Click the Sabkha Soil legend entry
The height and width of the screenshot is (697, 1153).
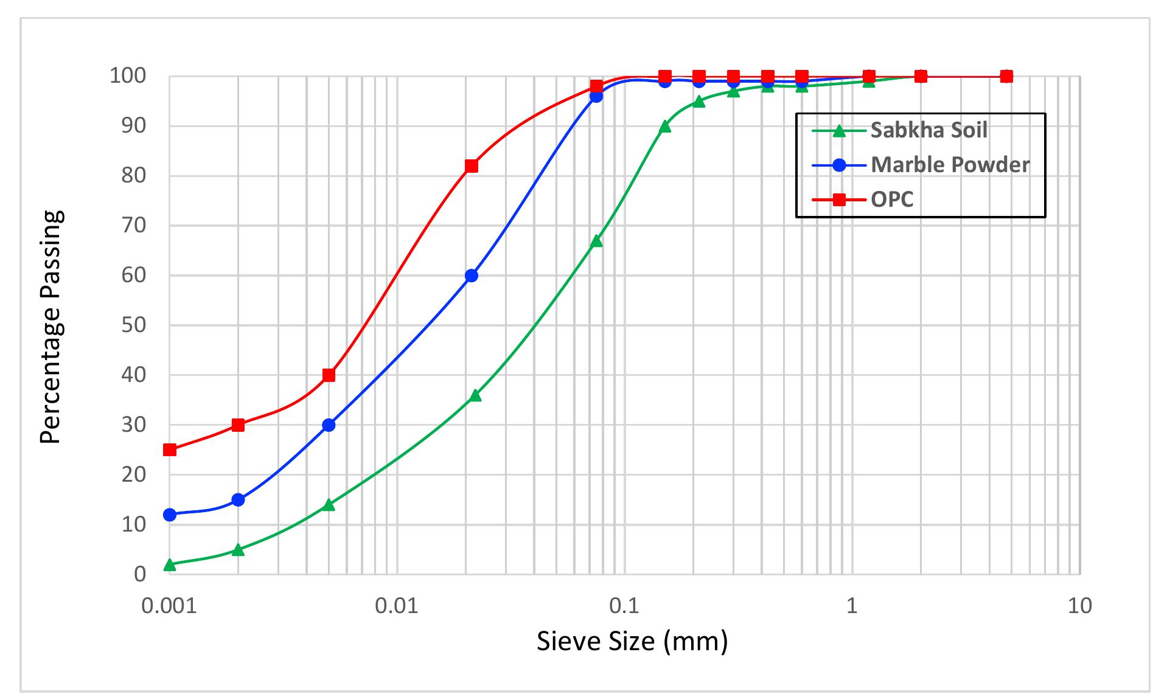tap(900, 130)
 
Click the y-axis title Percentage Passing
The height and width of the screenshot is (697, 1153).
tap(52, 327)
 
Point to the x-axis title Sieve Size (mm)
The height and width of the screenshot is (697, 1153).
tap(632, 642)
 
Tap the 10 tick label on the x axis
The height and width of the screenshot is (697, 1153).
tap(1080, 606)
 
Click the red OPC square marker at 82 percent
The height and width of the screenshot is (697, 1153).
tap(471, 166)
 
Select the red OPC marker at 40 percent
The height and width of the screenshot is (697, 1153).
tap(329, 375)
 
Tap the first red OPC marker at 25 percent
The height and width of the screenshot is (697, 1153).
tap(170, 450)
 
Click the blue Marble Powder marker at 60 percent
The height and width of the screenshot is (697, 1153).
tap(471, 276)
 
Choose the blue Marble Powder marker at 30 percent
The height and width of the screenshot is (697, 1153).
tap(329, 425)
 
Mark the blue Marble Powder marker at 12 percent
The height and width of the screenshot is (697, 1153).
tap(170, 515)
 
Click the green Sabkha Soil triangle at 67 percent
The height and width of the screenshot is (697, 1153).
tap(596, 241)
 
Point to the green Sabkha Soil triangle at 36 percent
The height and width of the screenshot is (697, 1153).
tap(475, 395)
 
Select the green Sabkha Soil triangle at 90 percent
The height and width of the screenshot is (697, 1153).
tap(665, 127)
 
